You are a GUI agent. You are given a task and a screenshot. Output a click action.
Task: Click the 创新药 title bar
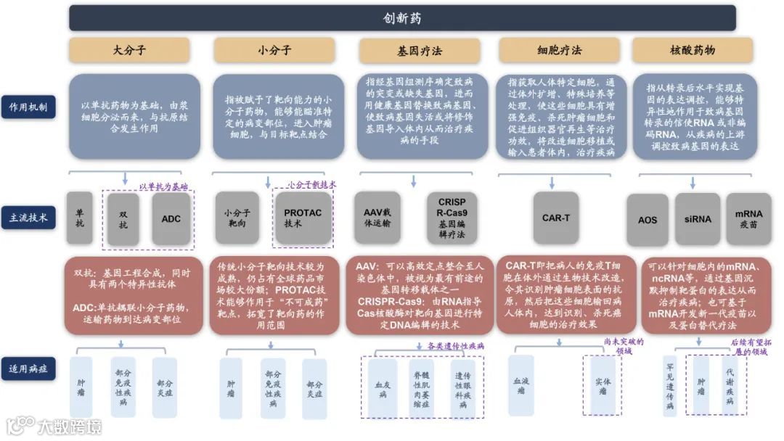click(x=402, y=17)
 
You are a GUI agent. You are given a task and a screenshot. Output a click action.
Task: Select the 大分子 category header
click(x=130, y=50)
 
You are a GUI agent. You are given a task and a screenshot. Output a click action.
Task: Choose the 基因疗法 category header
click(x=419, y=51)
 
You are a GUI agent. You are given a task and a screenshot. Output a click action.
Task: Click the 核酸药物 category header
click(x=693, y=50)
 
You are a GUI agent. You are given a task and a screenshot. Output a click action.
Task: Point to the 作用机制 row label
click(x=28, y=107)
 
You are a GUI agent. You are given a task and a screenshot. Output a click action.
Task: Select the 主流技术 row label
click(x=28, y=218)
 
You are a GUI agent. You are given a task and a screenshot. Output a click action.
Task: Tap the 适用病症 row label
click(x=28, y=369)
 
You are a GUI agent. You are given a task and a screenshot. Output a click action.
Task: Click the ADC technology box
click(x=171, y=218)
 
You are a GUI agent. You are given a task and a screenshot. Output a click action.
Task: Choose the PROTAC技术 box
click(x=303, y=218)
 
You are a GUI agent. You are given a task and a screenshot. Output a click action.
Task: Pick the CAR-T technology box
click(x=555, y=218)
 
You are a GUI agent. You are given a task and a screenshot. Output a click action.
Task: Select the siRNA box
click(x=697, y=219)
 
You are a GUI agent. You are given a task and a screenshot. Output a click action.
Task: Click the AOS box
click(x=648, y=219)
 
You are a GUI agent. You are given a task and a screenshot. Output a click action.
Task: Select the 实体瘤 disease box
click(x=603, y=385)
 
